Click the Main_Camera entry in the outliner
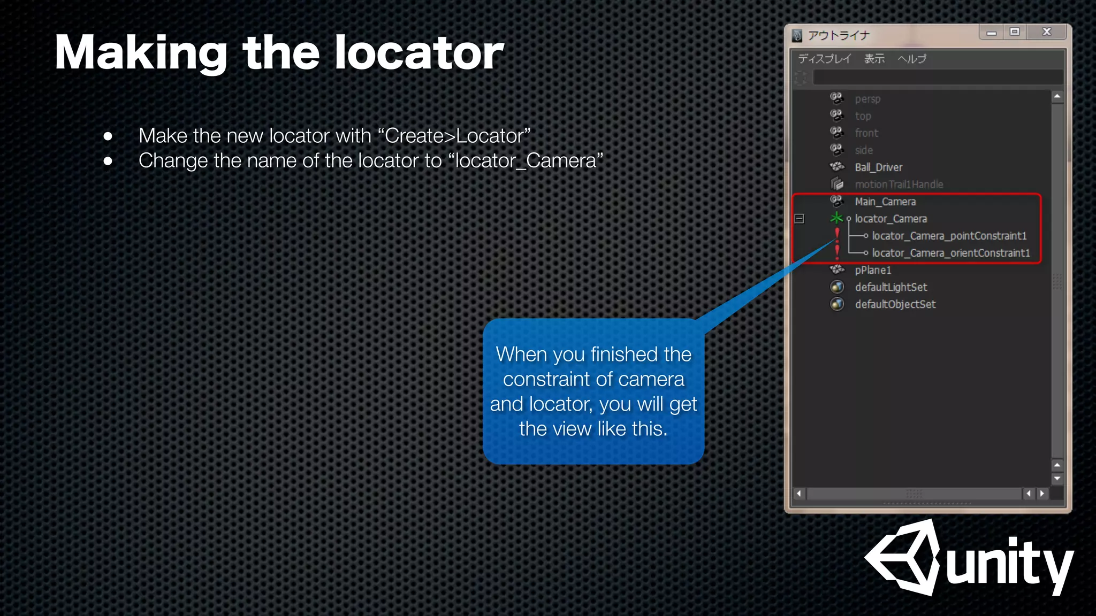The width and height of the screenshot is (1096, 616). pyautogui.click(x=885, y=202)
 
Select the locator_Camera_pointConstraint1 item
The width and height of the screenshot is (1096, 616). pyautogui.click(x=949, y=236)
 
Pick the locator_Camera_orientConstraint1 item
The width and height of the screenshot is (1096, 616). pyautogui.click(x=950, y=253)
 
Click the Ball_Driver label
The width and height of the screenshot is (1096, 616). pyautogui.click(x=878, y=167)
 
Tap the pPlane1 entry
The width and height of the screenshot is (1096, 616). pyautogui.click(x=873, y=270)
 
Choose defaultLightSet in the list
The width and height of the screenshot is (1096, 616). pyautogui.click(x=890, y=287)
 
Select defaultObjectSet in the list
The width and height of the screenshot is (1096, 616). pyautogui.click(x=895, y=304)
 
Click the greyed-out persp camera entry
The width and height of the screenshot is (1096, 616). pyautogui.click(x=867, y=99)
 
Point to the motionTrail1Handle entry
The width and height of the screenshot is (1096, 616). pyautogui.click(x=899, y=184)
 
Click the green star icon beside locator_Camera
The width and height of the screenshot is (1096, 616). pyautogui.click(x=836, y=218)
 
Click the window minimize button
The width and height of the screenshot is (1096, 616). pyautogui.click(x=991, y=33)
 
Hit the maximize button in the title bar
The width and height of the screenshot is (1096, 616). pyautogui.click(x=1014, y=32)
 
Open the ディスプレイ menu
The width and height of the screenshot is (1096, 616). pyautogui.click(x=824, y=59)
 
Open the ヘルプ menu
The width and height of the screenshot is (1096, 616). pyautogui.click(x=911, y=59)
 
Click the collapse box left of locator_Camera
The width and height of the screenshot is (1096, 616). pyautogui.click(x=800, y=219)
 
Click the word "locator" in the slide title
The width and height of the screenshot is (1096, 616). pyautogui.click(x=419, y=53)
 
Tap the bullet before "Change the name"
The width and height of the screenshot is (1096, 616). pyautogui.click(x=108, y=161)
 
